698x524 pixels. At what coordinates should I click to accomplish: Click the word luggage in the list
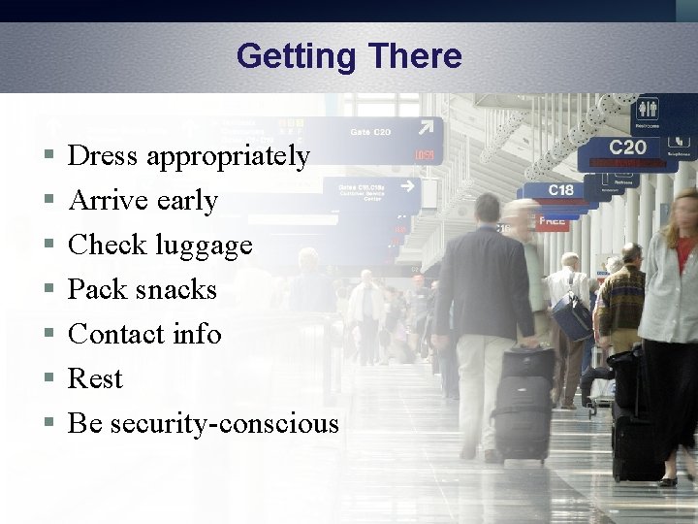tap(204, 246)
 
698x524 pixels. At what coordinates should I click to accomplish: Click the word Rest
tap(95, 378)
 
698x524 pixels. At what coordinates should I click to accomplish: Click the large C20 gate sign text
tap(626, 147)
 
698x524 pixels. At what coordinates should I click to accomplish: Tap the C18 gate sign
tap(560, 190)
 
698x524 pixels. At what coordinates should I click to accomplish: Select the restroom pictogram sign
tap(647, 109)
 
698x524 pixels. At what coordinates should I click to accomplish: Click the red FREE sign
tap(552, 221)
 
